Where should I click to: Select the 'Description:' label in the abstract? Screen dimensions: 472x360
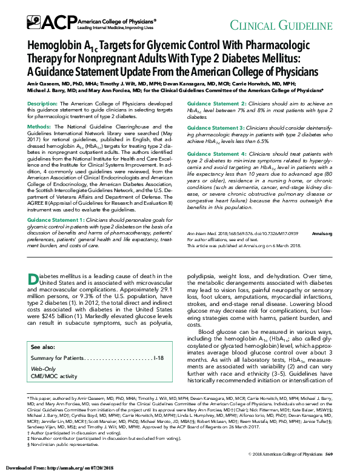42,104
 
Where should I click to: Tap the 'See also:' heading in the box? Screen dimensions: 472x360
42,347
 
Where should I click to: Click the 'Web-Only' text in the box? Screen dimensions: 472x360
43,368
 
